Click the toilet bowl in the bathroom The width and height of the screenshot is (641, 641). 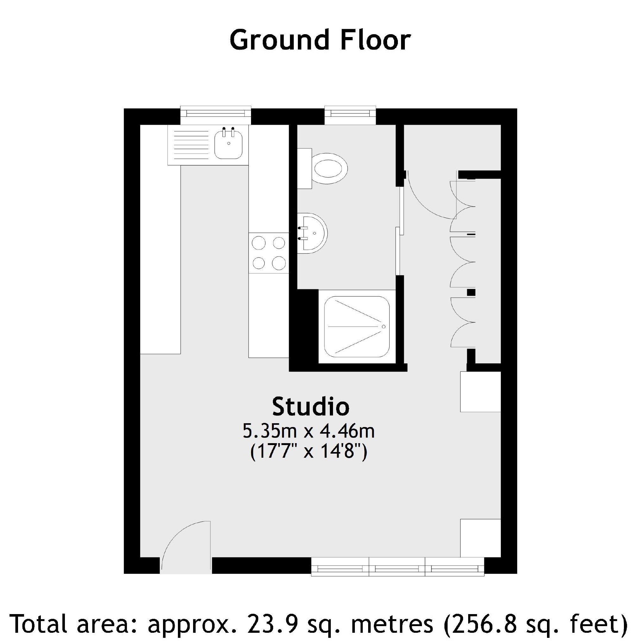330,168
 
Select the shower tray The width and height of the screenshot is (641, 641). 357,327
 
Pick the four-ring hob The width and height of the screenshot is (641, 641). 269,253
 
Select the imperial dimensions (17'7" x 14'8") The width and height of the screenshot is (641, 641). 309,452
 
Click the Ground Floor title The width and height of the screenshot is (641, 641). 320,40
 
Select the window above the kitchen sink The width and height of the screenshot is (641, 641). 216,113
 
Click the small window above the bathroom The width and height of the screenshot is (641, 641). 350,113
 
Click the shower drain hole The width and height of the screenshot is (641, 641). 384,327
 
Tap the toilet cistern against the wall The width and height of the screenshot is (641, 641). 304,168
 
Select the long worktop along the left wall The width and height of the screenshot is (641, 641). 160,239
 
